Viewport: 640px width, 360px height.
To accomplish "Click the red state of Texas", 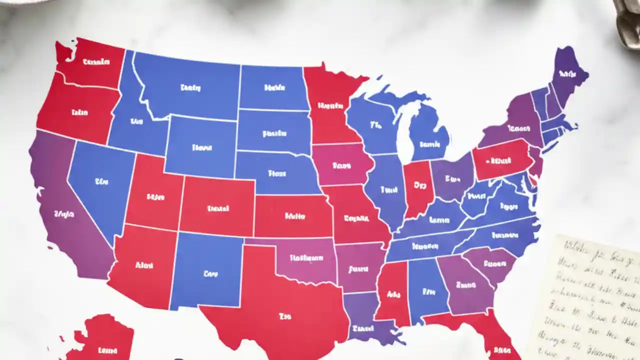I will click(x=280, y=305).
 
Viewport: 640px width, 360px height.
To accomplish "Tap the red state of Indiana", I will click(x=419, y=187).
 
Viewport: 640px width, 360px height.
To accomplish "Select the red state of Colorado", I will click(x=217, y=207).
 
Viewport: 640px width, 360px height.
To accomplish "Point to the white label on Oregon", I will click(x=79, y=112).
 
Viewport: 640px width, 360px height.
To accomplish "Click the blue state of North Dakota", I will click(x=273, y=87).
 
